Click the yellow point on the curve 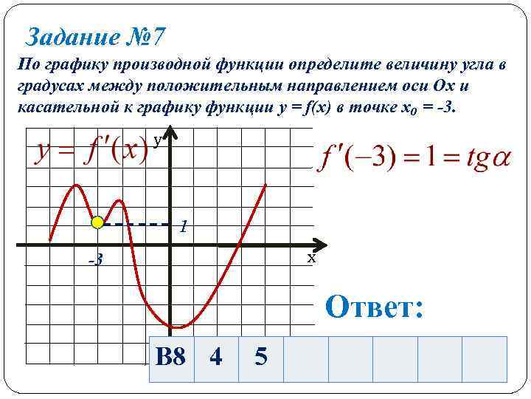97,222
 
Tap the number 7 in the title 161,35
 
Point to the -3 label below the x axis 94,260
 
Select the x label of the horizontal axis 311,259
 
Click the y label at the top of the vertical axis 158,140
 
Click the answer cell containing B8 171,358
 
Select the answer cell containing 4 216,358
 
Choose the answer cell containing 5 260,358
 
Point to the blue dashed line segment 136,223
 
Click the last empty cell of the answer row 485,358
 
